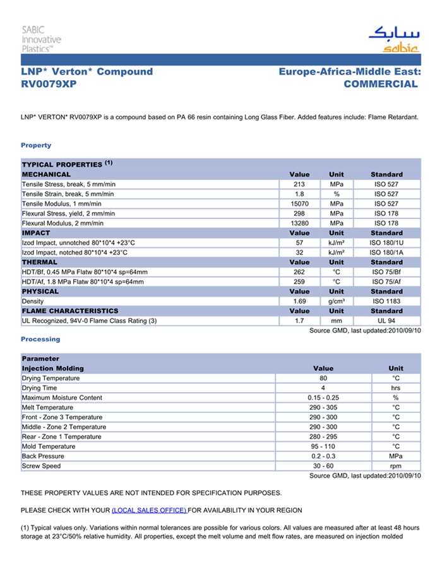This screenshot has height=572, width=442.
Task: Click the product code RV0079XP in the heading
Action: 49,84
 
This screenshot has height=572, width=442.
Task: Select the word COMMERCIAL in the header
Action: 381,84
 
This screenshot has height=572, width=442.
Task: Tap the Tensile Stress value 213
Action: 299,184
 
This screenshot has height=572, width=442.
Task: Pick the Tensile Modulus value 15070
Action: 299,204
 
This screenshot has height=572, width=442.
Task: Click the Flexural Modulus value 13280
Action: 299,223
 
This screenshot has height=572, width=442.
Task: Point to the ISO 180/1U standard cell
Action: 386,243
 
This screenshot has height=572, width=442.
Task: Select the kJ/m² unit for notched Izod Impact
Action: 336,253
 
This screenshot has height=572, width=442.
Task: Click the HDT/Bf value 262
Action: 299,272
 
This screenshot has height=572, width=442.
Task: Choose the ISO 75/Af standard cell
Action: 386,282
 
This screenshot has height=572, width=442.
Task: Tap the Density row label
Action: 33,301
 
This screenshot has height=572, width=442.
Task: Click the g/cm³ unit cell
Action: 336,301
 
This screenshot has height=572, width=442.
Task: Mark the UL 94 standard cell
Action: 386,321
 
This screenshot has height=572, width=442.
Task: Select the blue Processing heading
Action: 40,339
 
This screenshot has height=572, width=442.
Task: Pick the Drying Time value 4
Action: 323,388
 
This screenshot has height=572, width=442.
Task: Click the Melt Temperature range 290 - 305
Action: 323,408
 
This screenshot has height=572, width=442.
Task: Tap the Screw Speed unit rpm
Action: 395,466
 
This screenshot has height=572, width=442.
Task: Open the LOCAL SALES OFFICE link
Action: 149,510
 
